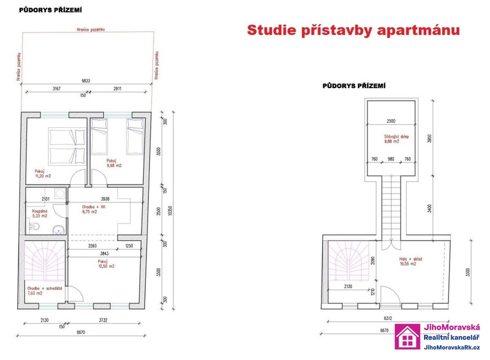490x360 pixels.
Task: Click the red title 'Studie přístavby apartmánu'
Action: click(x=353, y=30)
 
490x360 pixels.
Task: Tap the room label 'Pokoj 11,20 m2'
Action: click(x=43, y=173)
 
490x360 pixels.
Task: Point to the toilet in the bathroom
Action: click(x=35, y=227)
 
